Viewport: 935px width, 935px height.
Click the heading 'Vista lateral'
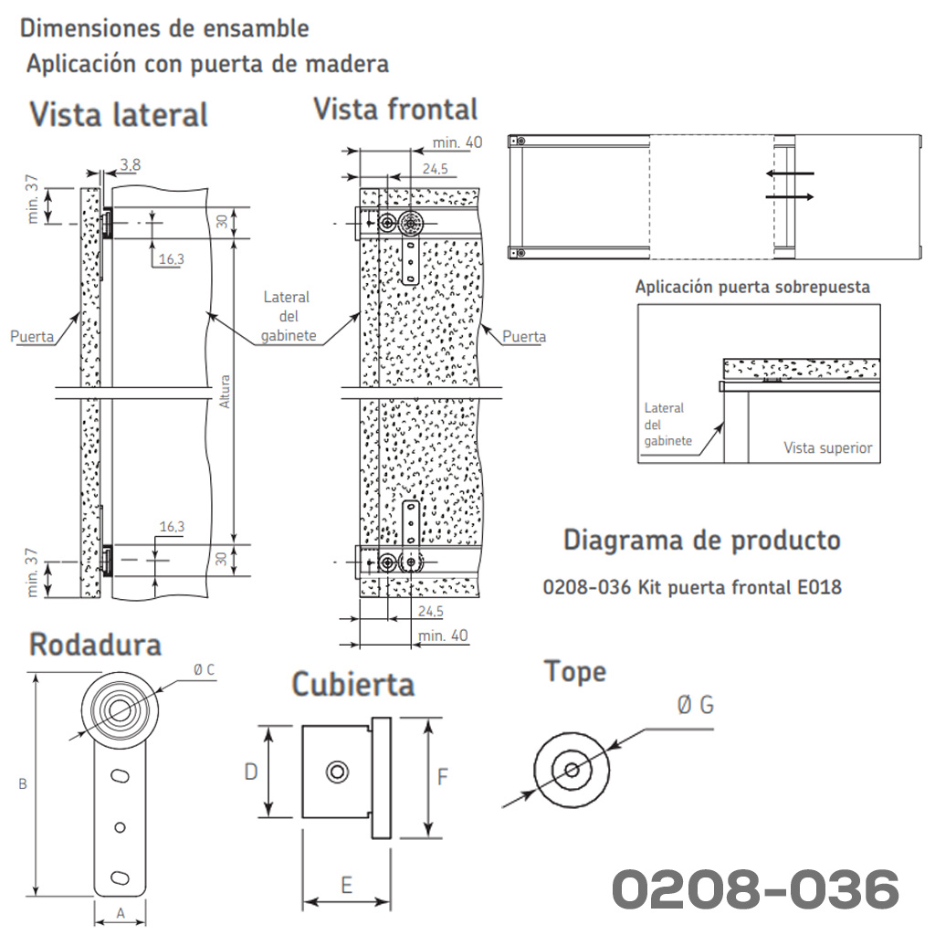click(119, 114)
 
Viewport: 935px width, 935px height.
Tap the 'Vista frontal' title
click(396, 110)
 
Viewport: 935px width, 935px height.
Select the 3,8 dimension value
click(130, 164)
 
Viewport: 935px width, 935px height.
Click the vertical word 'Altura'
click(225, 391)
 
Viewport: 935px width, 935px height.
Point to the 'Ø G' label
click(695, 705)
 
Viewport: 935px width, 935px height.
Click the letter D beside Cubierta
click(251, 772)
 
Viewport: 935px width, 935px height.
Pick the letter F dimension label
click(443, 777)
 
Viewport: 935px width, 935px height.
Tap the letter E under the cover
click(346, 886)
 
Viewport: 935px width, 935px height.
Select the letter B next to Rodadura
click(23, 784)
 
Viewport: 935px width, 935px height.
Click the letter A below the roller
click(121, 913)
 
